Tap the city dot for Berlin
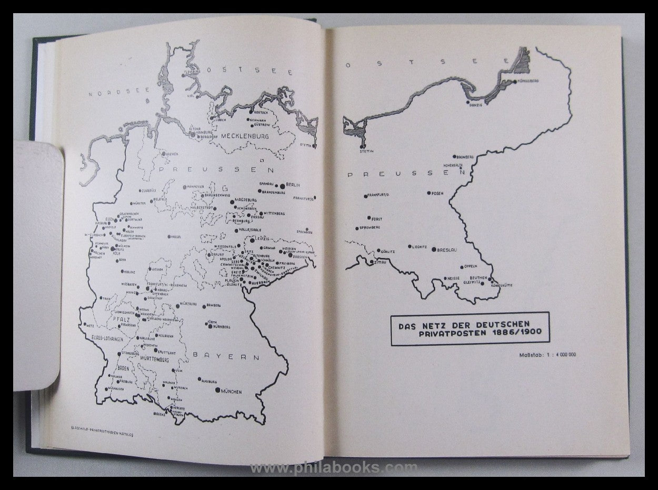pyautogui.click(x=282, y=185)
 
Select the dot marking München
pyautogui.click(x=217, y=390)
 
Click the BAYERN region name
pyautogui.click(x=226, y=356)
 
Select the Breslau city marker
pyautogui.click(x=433, y=249)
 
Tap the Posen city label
pyautogui.click(x=437, y=193)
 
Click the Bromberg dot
pyautogui.click(x=453, y=157)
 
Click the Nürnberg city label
pyautogui.click(x=222, y=327)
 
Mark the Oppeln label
pyautogui.click(x=471, y=266)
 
